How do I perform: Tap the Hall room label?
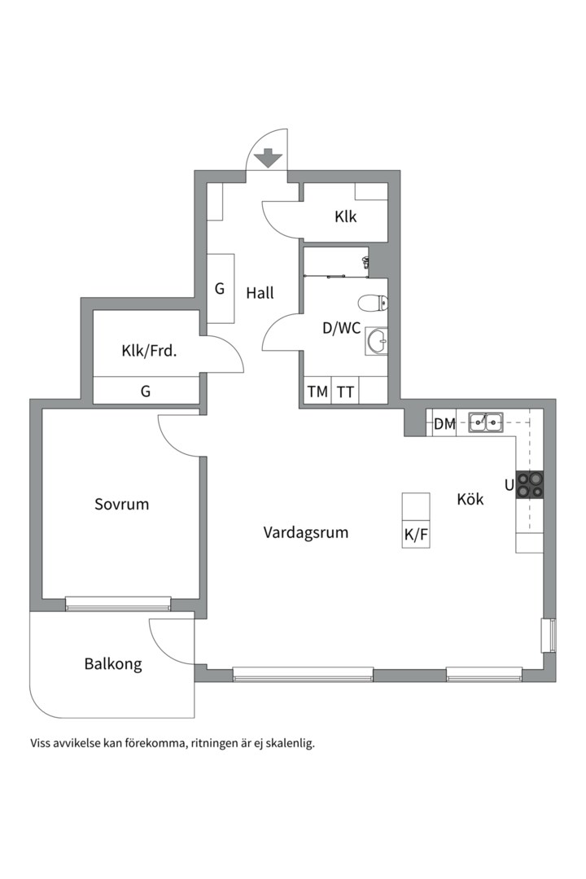pos(260,293)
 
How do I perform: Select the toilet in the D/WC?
pos(373,304)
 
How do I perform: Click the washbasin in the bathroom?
pos(376,341)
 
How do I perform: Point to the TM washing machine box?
pos(318,391)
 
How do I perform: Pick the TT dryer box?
pos(345,391)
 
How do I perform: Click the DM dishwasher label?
pos(444,424)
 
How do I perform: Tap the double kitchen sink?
pos(486,422)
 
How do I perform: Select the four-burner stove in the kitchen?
pos(529,485)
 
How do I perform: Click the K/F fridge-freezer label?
pos(416,536)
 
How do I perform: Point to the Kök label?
pos(470,499)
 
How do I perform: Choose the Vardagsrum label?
pos(306,532)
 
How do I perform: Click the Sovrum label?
pos(122,504)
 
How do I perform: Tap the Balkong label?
pos(112,664)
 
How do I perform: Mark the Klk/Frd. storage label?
pos(149,352)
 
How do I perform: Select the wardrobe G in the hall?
pos(221,288)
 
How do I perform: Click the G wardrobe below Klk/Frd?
pos(146,390)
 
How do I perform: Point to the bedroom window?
pos(118,604)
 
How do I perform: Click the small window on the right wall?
pos(548,635)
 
